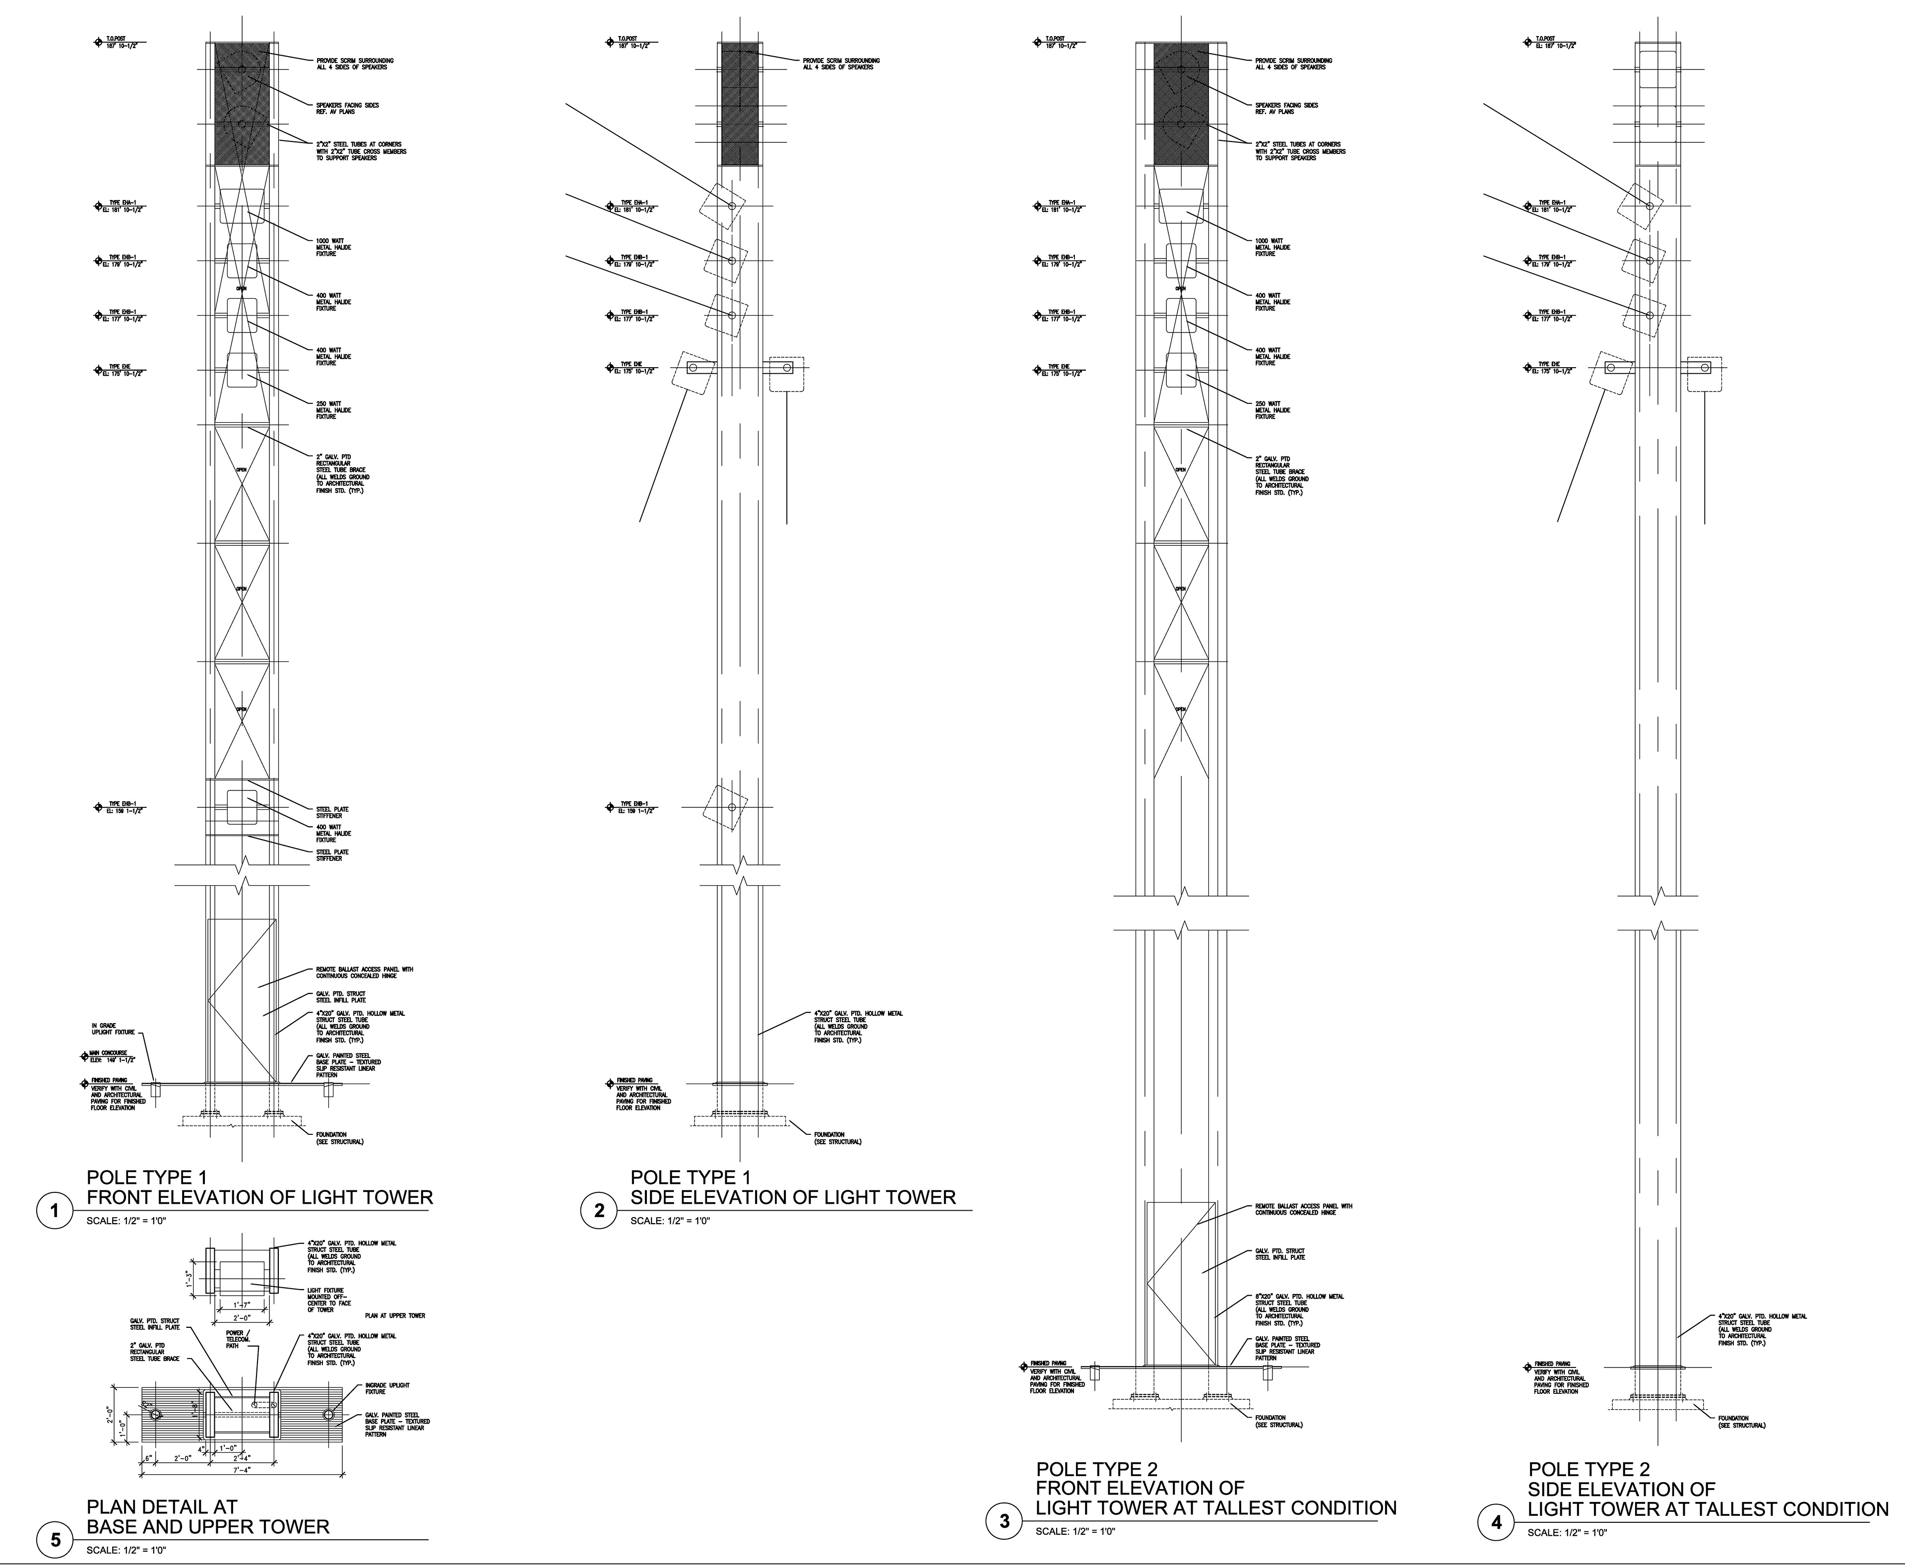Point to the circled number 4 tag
(1497, 1523)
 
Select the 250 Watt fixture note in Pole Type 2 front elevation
(1272, 410)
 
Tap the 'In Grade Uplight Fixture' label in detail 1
(113, 1029)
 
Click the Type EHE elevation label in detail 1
(125, 370)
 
